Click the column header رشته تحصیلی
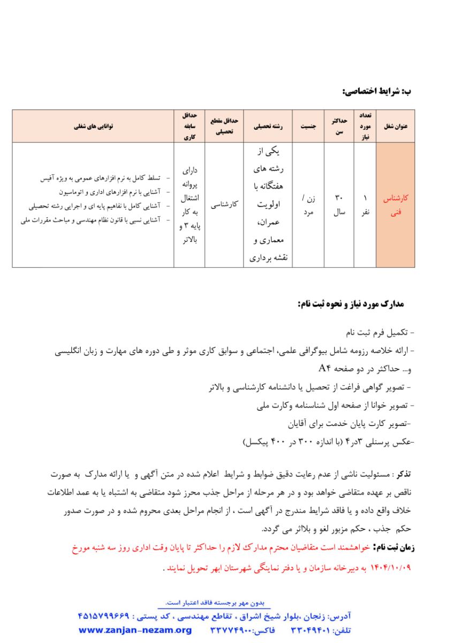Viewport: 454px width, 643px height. pos(269,128)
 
